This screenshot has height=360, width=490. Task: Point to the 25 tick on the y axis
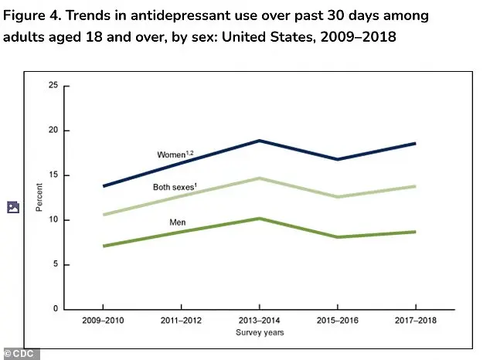click(x=53, y=86)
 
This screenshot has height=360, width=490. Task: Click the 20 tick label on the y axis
click(x=53, y=131)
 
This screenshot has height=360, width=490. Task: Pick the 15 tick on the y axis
click(x=53, y=175)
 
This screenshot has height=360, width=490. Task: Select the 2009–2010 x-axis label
click(x=104, y=320)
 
